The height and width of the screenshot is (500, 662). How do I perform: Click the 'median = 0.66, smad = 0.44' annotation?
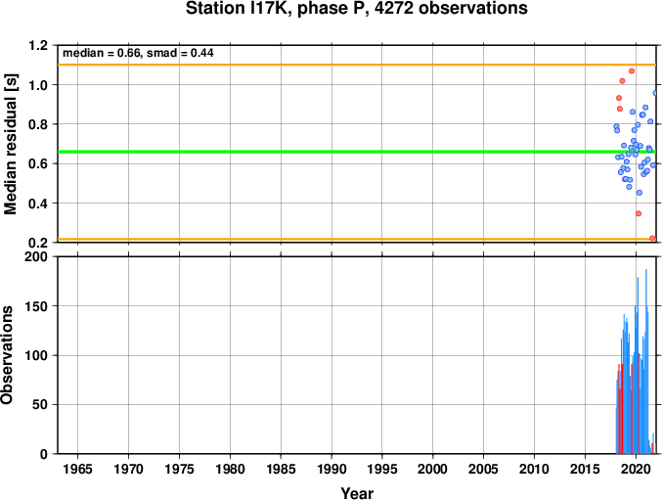(x=138, y=53)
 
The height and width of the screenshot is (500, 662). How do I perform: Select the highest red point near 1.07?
(x=632, y=71)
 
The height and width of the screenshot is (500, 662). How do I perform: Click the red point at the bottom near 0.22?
(x=652, y=238)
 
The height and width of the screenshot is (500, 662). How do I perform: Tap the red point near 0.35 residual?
(x=639, y=213)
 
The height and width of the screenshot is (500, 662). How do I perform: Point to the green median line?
(x=357, y=152)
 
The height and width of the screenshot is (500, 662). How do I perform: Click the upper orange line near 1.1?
(x=357, y=65)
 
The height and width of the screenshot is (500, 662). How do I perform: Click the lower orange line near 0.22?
(x=357, y=240)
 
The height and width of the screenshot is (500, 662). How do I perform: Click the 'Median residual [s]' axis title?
(x=10, y=144)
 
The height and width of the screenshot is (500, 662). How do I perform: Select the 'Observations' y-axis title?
(x=7, y=355)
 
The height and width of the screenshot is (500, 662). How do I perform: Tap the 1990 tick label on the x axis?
(x=331, y=469)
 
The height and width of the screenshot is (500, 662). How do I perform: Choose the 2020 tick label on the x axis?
(x=636, y=469)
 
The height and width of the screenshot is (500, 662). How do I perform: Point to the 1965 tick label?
(x=77, y=469)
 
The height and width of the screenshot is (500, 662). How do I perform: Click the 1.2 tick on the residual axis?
(x=38, y=45)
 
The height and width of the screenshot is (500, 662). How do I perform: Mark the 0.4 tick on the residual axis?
(x=38, y=204)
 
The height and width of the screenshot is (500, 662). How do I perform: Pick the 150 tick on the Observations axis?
(x=37, y=306)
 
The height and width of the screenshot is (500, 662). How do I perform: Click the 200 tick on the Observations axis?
(x=37, y=256)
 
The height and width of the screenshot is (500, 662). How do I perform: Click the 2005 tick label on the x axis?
(x=483, y=469)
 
